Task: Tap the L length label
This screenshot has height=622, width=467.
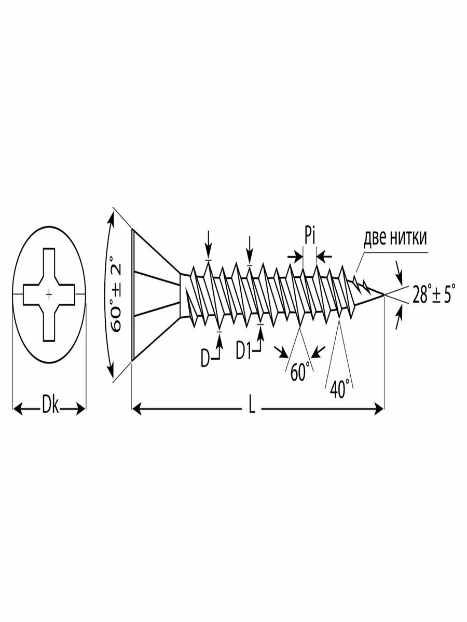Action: (x=252, y=409)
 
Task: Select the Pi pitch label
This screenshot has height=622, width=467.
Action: (x=310, y=238)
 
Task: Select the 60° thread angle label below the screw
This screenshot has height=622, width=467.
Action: (x=300, y=372)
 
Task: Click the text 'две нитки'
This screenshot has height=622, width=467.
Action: (x=395, y=238)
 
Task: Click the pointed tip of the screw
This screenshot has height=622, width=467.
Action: (x=384, y=294)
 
